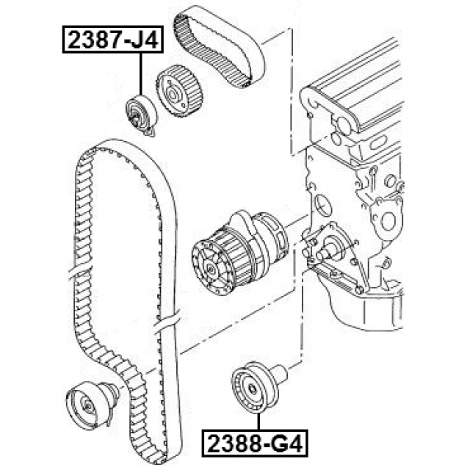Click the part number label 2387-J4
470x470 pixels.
[x=110, y=39]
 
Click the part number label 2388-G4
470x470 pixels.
[x=253, y=443]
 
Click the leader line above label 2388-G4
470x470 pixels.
[x=258, y=422]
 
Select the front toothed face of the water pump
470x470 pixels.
[x=211, y=264]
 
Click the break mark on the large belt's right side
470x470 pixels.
[x=167, y=320]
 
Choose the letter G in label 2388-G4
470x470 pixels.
[x=278, y=443]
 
